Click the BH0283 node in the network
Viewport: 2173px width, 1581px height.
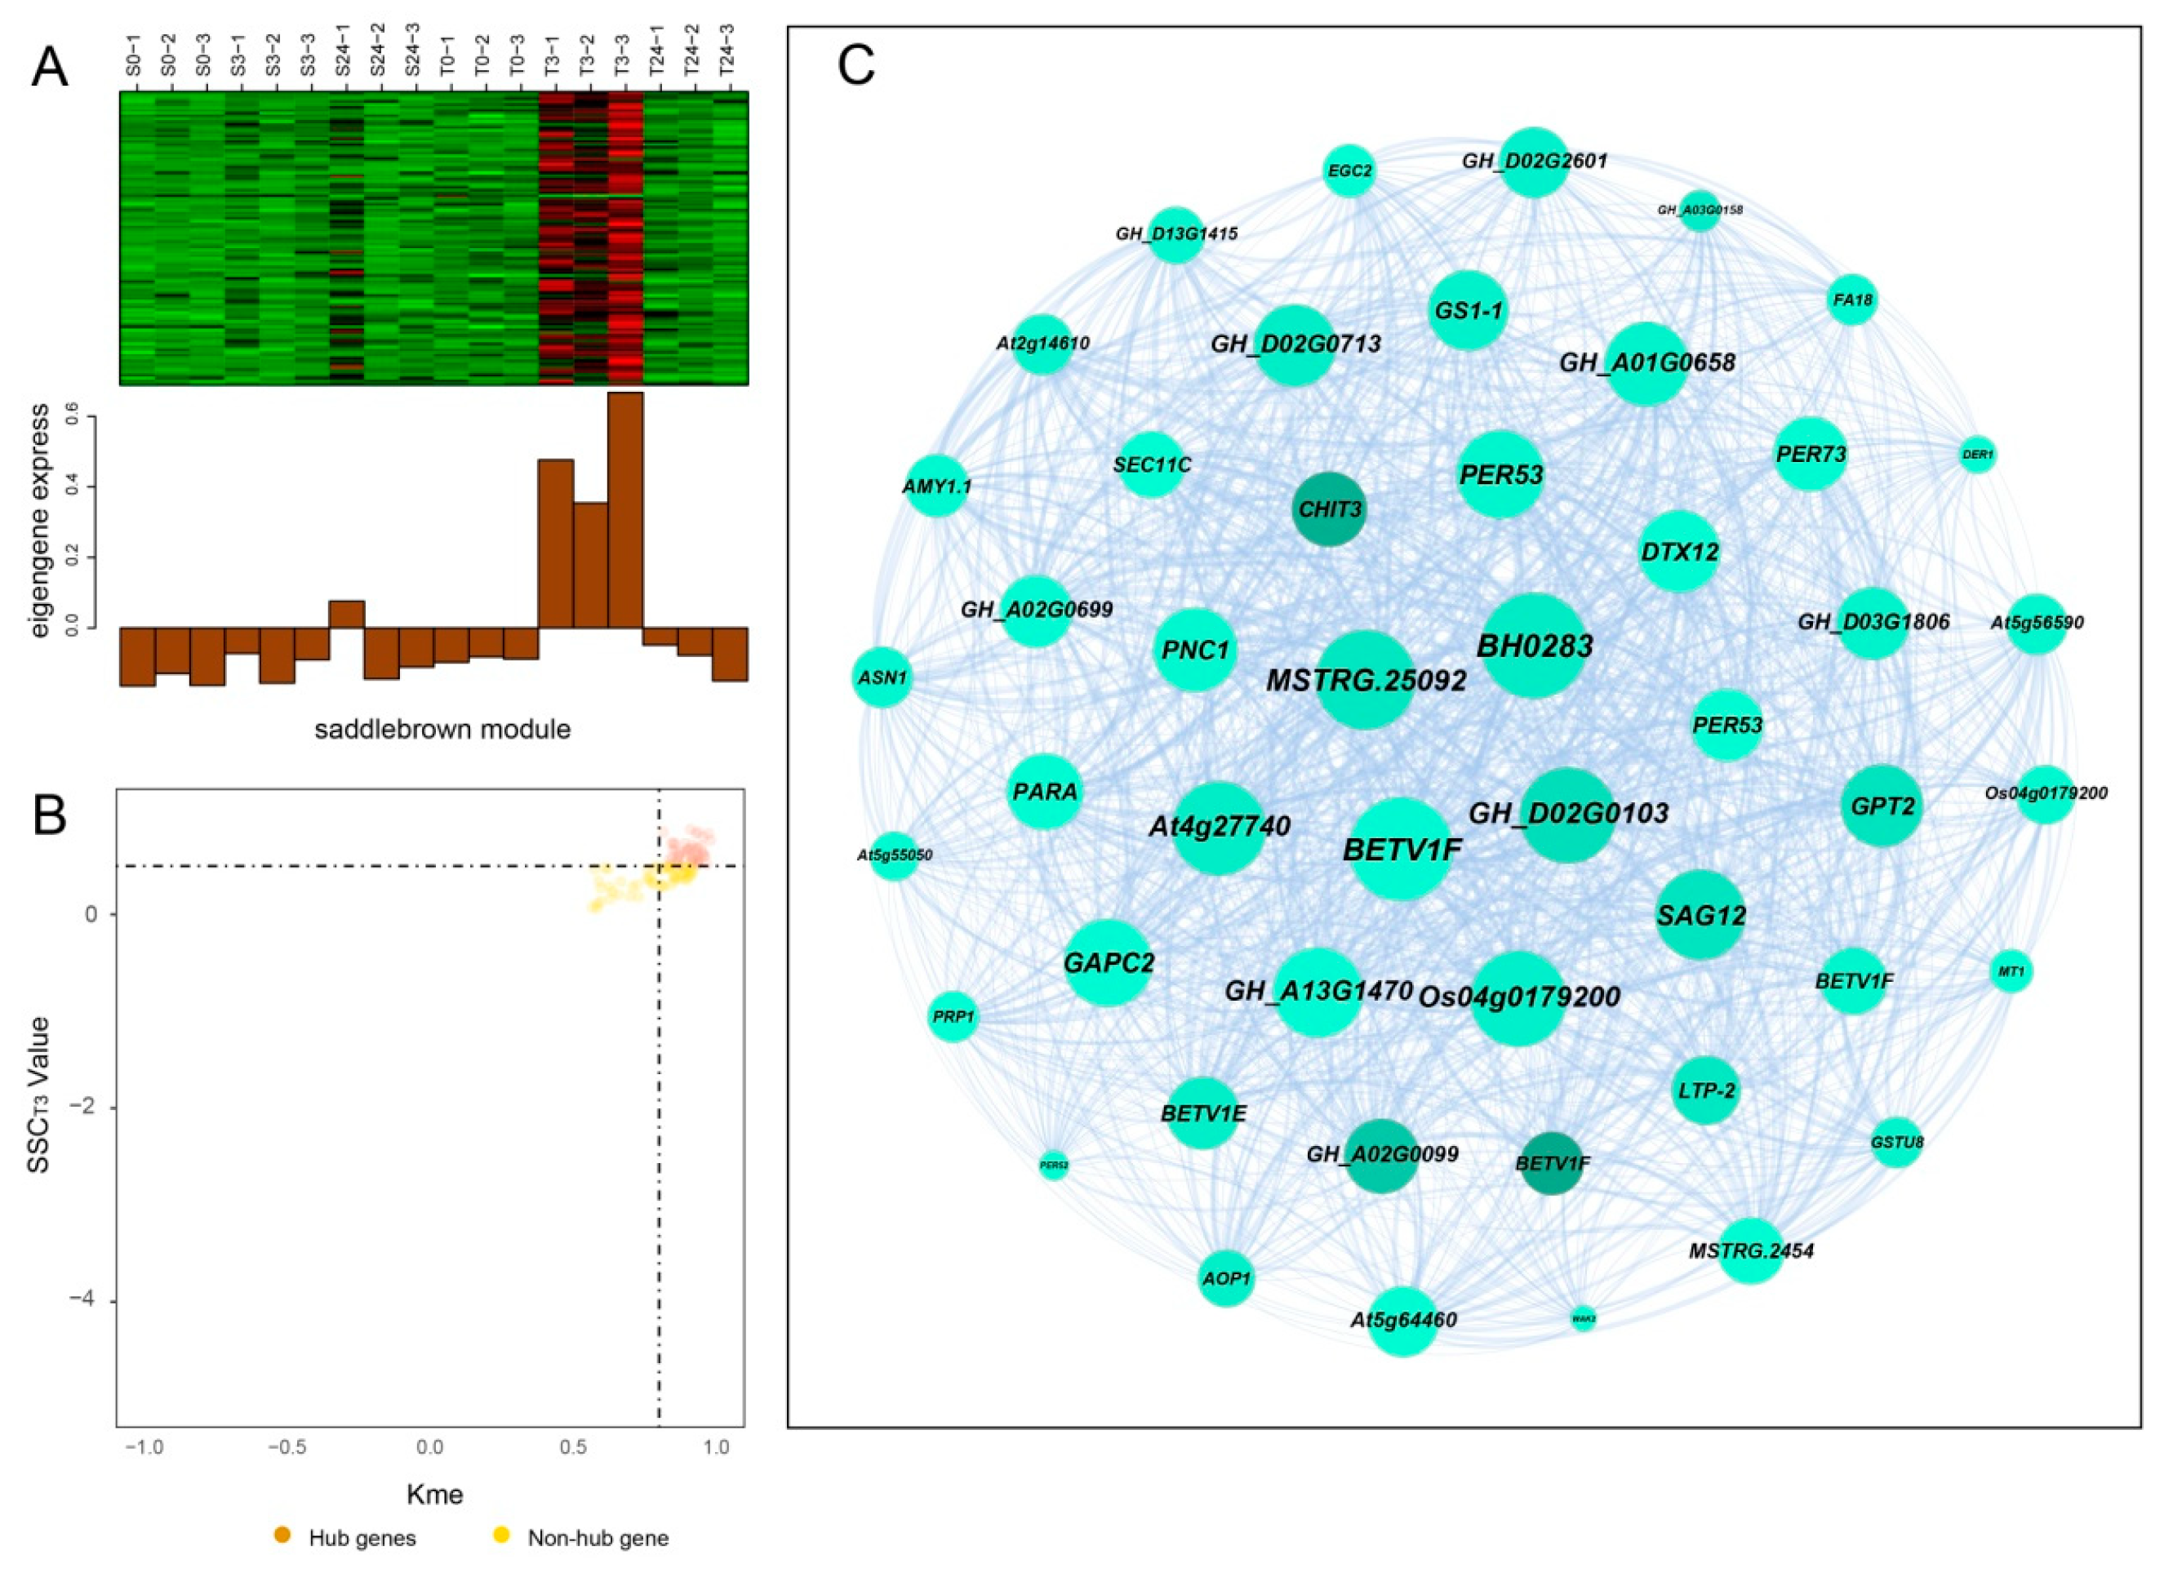[x=1534, y=646]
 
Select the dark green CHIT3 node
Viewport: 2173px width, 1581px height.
[x=1329, y=508]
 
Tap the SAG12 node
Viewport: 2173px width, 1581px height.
[x=1700, y=915]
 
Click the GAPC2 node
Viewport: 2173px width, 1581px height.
[x=1108, y=962]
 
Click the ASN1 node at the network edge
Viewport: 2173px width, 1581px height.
[x=882, y=677]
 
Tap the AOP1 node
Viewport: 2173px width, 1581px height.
[x=1225, y=1278]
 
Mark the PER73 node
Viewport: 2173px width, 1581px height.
[x=1810, y=454]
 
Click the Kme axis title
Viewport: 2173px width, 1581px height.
[x=434, y=1494]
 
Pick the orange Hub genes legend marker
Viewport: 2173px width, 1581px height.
[x=282, y=1539]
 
